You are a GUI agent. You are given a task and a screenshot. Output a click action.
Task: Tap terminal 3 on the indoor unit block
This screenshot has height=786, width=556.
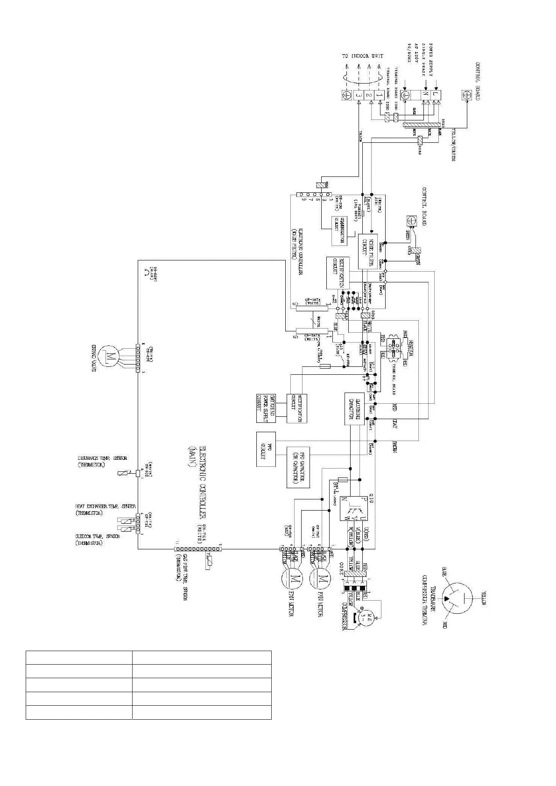point(358,96)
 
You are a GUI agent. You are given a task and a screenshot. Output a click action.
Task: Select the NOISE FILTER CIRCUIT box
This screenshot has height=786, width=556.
point(368,251)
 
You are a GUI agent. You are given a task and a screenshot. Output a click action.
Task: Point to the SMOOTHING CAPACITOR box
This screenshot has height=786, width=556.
point(354,409)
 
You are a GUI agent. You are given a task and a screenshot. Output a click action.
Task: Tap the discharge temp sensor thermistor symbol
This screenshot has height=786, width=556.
point(122,474)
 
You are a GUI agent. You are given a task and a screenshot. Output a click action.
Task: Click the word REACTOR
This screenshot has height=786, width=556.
point(411,348)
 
